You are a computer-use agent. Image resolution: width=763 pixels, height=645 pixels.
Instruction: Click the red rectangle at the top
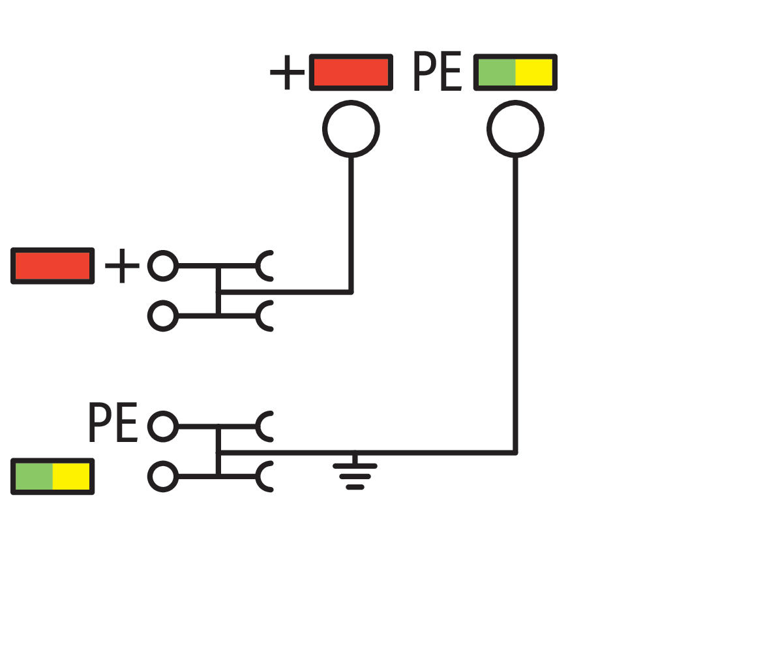click(x=351, y=72)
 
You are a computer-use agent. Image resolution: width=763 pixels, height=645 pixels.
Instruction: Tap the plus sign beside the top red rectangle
click(x=287, y=72)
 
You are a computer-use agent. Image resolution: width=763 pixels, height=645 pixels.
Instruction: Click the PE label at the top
click(x=438, y=72)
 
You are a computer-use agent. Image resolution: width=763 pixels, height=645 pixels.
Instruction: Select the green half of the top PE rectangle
click(x=496, y=72)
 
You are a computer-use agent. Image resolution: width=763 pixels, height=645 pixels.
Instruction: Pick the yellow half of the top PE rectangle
click(x=534, y=72)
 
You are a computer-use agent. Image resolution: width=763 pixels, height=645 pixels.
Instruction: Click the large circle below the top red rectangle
click(x=351, y=129)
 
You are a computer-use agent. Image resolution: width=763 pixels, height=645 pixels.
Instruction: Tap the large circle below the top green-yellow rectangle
click(x=515, y=129)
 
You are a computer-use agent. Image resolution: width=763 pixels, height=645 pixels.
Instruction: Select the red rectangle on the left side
click(x=52, y=266)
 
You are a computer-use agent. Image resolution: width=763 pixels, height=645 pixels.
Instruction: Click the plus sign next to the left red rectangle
click(x=122, y=266)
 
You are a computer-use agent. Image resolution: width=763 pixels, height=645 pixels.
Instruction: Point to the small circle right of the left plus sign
click(x=163, y=266)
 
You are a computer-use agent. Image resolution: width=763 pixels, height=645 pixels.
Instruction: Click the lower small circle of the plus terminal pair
click(x=163, y=316)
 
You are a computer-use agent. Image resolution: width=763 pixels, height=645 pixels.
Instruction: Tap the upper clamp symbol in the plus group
click(x=265, y=266)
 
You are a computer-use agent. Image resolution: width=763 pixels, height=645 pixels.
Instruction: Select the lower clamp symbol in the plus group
click(x=265, y=316)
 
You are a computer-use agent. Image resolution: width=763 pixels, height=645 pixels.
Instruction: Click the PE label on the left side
click(x=113, y=424)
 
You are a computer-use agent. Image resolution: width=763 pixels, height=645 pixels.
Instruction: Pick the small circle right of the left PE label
click(x=163, y=426)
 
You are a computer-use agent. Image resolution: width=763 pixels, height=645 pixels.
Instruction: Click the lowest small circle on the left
click(x=163, y=477)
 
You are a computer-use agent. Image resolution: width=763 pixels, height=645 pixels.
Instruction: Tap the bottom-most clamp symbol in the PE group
click(x=265, y=477)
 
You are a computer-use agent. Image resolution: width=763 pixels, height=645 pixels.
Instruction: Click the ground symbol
click(x=355, y=473)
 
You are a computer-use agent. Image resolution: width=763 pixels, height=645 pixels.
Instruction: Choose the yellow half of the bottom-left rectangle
click(x=71, y=477)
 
